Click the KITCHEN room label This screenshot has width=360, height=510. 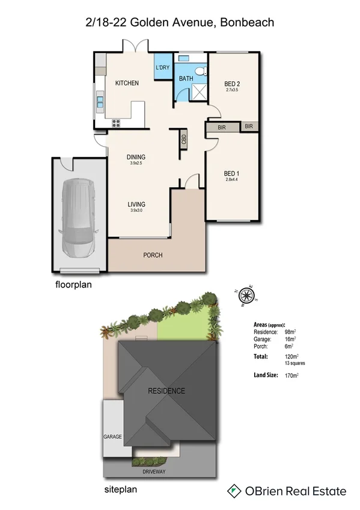click(127, 83)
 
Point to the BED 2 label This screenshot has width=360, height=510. click(232, 83)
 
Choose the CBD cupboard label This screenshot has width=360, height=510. click(184, 138)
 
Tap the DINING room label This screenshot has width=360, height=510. click(136, 157)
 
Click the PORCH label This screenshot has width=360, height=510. click(153, 255)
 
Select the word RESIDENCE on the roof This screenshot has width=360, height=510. click(166, 391)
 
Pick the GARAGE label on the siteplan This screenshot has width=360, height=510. click(113, 436)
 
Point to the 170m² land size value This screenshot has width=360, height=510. click(292, 376)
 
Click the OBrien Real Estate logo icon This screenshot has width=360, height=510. click(234, 491)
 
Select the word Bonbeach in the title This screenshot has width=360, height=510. click(248, 23)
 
